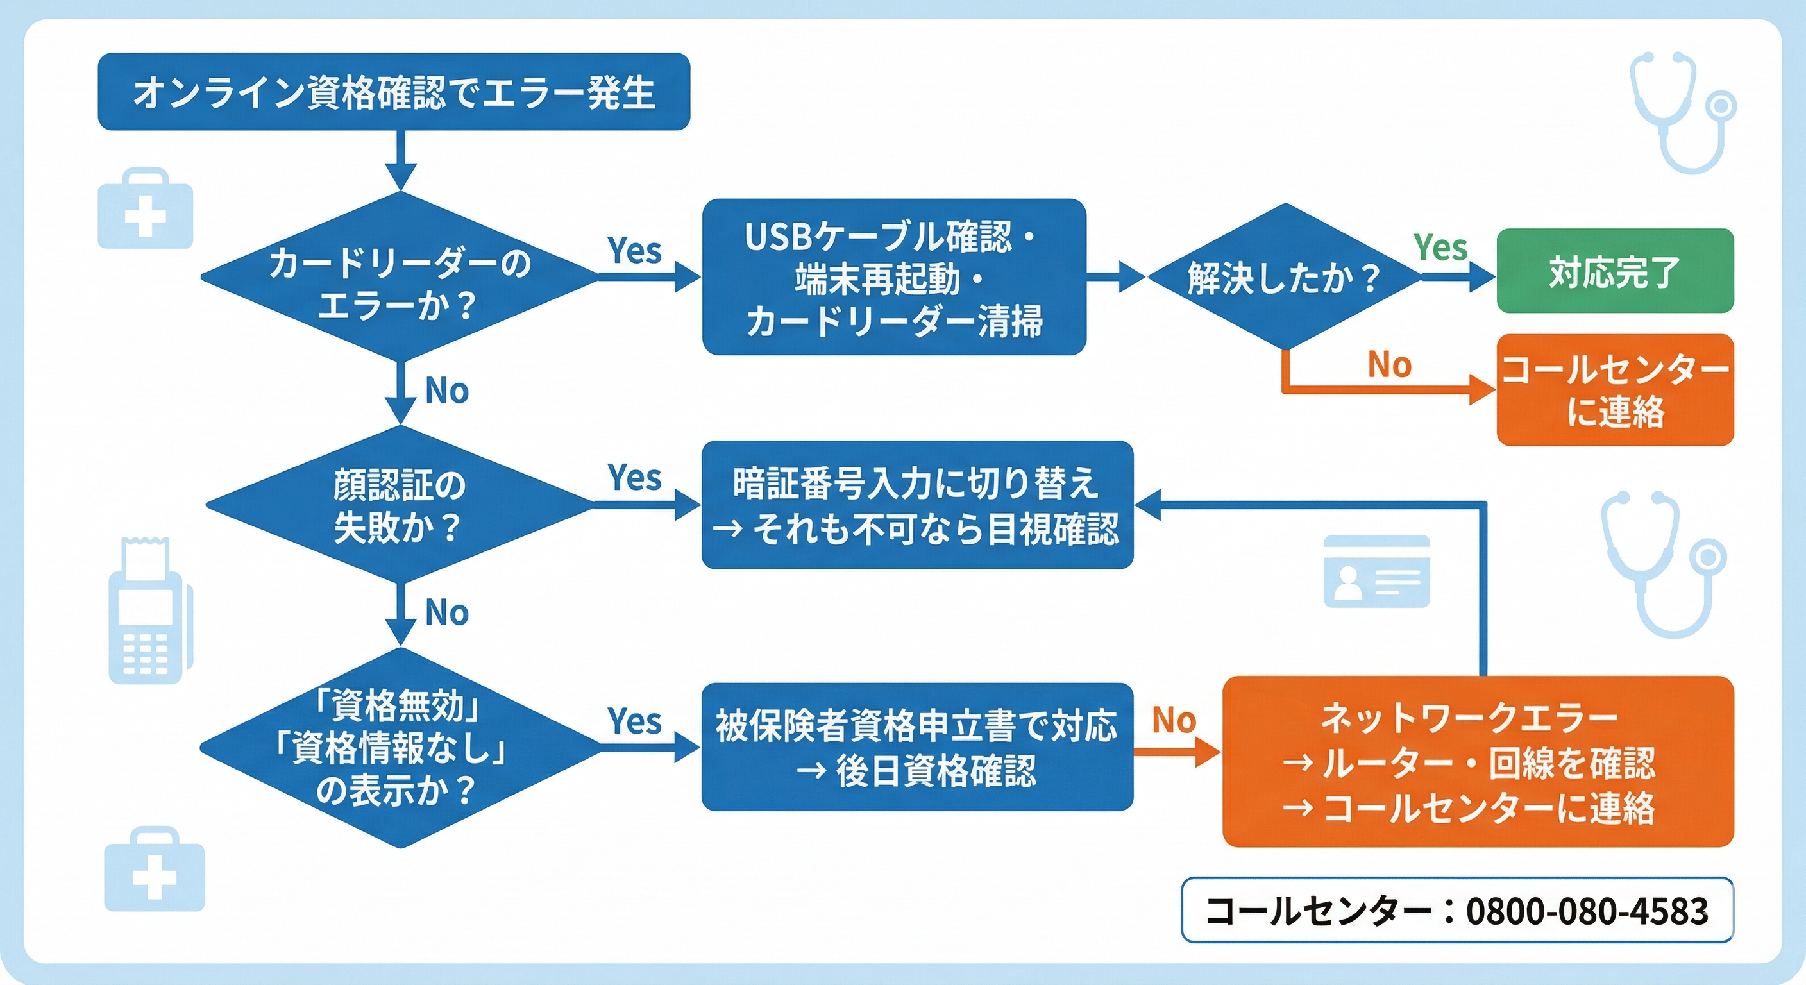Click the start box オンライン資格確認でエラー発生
pos(393,92)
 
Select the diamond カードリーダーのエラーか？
pos(400,278)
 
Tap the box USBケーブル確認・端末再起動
pos(894,278)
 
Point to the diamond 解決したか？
pos(1285,278)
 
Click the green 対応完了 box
pos(1615,271)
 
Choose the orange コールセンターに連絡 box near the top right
pos(1615,390)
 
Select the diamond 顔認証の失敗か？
pos(400,505)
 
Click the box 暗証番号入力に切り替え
pos(917,505)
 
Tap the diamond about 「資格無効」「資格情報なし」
pos(400,747)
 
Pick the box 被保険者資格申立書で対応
pos(917,747)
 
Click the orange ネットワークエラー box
pos(1478,761)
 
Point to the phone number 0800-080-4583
pos(1587,911)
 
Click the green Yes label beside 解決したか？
pos(1440,248)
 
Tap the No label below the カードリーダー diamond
pos(446,391)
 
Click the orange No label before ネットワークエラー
pos(1174,721)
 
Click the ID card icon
pos(1376,571)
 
